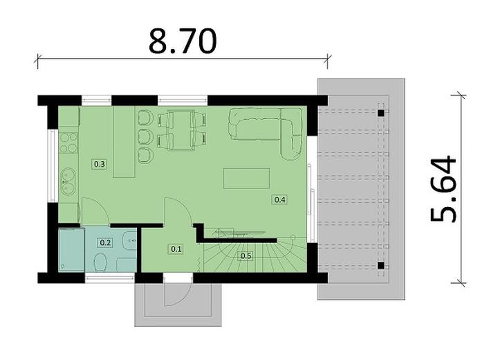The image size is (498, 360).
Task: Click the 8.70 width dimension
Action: (183, 42)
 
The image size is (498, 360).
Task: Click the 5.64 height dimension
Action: (443, 188)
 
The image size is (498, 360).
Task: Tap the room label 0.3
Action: (99, 165)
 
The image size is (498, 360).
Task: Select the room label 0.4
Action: (280, 200)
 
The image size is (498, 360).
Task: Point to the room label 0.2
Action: (106, 242)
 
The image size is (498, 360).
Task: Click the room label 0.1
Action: (176, 249)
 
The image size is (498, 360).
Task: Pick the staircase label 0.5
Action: (246, 256)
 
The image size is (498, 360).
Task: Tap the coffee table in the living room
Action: (246, 179)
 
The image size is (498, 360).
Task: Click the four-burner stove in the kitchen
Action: (68, 142)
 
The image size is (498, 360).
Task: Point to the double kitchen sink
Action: (68, 181)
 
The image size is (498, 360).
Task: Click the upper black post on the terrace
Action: (380, 111)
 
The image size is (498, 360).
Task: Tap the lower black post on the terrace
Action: (380, 264)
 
